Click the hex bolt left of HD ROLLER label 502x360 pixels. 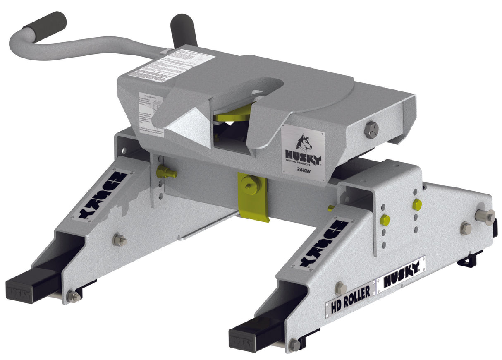point(341,288)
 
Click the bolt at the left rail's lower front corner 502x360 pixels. point(73,296)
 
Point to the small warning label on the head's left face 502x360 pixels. point(150,110)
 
